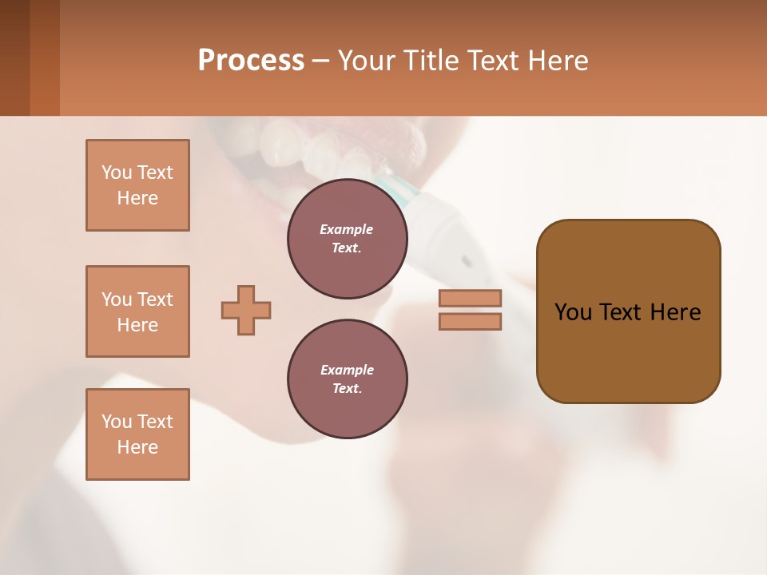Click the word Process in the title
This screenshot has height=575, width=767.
251,61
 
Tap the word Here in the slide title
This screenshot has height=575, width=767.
557,61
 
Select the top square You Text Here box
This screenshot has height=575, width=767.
137,185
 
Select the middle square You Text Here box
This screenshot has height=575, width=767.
137,311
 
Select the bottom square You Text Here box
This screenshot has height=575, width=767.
137,434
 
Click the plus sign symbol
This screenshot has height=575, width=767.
246,310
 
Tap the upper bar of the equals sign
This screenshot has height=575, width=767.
470,298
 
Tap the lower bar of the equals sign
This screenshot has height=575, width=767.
470,322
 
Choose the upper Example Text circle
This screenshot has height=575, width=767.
347,239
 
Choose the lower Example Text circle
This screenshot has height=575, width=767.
347,379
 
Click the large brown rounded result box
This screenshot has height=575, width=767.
628,351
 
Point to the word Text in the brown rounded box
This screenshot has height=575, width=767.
620,312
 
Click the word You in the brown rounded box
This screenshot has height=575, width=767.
573,312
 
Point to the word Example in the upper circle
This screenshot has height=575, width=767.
347,229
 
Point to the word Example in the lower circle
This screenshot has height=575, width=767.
347,370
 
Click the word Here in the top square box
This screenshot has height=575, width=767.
137,198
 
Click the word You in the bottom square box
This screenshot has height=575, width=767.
117,422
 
